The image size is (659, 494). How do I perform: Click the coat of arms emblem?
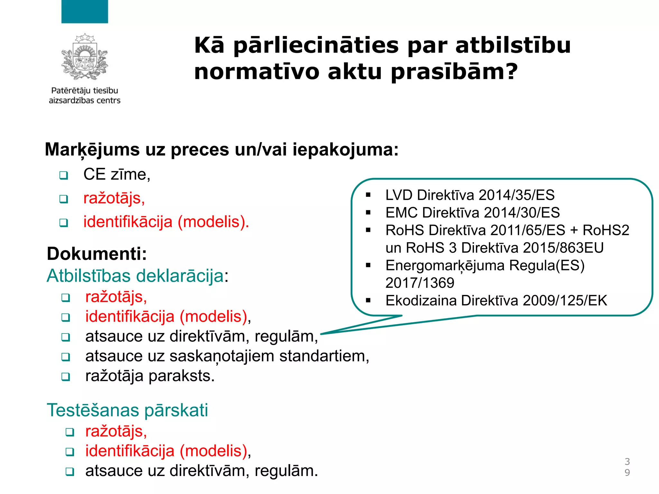tap(85, 57)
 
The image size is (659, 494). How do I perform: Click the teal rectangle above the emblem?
tap(85, 12)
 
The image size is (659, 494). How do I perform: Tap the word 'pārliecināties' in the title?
tap(316, 45)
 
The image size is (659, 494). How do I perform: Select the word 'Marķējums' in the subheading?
tap(92, 150)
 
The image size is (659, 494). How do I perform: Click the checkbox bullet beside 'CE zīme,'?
tap(64, 176)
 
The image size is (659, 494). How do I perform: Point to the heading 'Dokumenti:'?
tap(97, 253)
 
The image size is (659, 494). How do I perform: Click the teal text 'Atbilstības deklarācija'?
tap(135, 276)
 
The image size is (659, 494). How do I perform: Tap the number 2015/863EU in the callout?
tap(563, 248)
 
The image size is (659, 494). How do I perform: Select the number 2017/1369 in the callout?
tap(420, 283)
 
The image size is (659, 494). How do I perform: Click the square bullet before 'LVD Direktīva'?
tap(368, 195)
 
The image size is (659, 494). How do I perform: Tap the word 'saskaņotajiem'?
tap(222, 356)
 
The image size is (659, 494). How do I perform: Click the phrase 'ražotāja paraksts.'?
tap(150, 376)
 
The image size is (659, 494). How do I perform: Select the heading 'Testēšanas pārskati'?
tap(127, 410)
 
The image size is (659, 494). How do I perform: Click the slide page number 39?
tap(627, 467)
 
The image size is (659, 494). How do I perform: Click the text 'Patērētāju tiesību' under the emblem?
tap(85, 91)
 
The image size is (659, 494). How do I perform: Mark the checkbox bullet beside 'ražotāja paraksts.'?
tap(66, 377)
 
